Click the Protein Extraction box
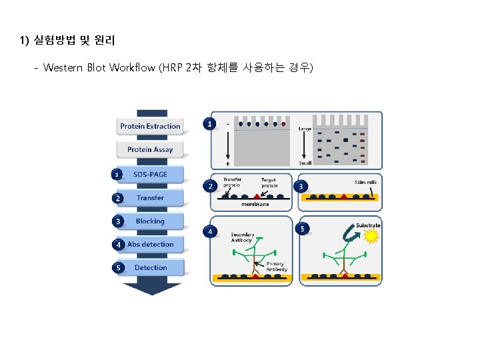150,126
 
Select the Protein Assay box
150,149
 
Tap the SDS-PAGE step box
150,175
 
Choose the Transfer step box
150,198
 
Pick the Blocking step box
150,221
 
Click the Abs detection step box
150,245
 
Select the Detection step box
150,268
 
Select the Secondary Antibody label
241,237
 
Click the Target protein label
269,182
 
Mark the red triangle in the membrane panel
257,194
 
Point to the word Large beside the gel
305,128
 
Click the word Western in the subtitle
63,68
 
